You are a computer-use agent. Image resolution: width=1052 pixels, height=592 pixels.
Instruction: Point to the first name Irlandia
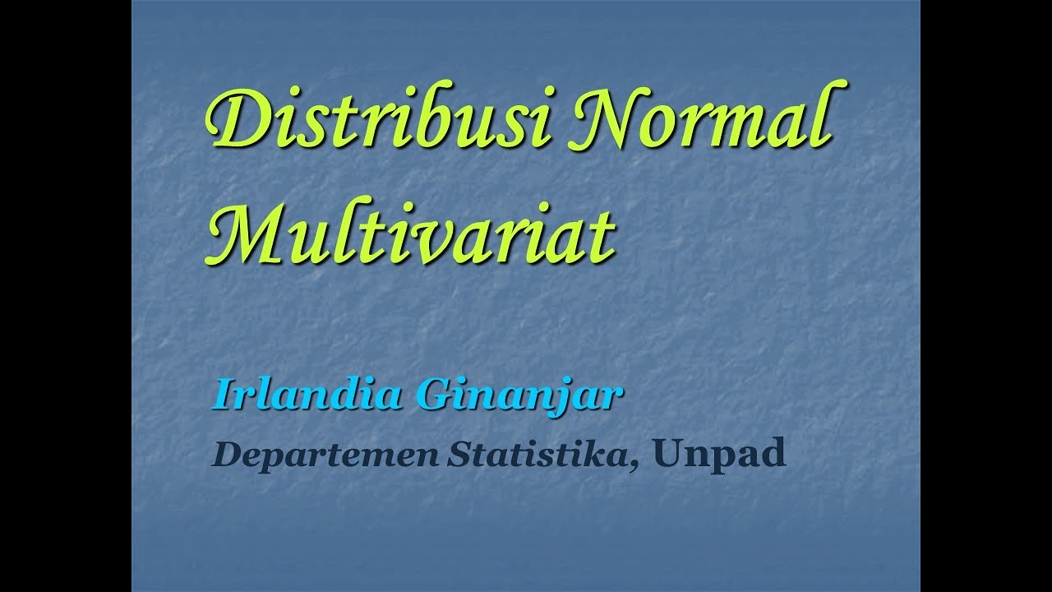click(309, 395)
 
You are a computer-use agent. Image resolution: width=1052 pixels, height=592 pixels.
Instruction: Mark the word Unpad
click(720, 453)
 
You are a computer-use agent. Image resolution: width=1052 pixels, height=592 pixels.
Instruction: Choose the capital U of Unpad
click(671, 453)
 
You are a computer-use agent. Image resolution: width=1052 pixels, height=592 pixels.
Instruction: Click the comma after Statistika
click(635, 465)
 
